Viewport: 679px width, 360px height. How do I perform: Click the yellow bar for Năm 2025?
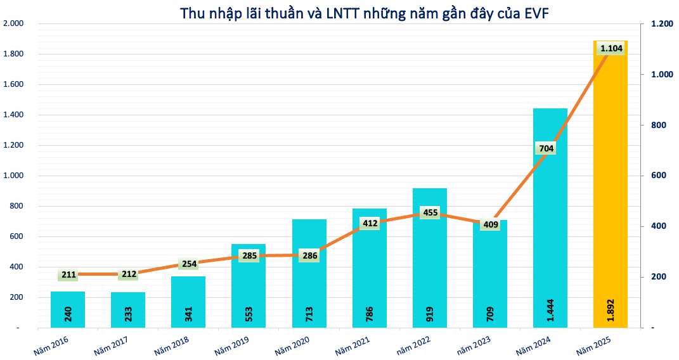coord(610,190)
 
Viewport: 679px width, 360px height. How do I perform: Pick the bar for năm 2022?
coord(429,266)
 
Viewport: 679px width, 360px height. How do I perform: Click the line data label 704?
coord(546,149)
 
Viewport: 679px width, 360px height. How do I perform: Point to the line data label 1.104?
coord(611,48)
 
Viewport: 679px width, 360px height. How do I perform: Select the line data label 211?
coord(68,274)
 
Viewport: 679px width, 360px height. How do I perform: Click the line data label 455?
coord(430,212)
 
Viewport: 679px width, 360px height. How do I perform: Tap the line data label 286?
coord(309,256)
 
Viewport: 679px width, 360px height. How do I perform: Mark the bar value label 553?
coord(249,313)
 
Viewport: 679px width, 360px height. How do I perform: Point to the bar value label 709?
coord(490,313)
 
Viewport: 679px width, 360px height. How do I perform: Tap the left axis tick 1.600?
coord(13,84)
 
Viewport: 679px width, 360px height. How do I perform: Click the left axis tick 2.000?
coord(13,23)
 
